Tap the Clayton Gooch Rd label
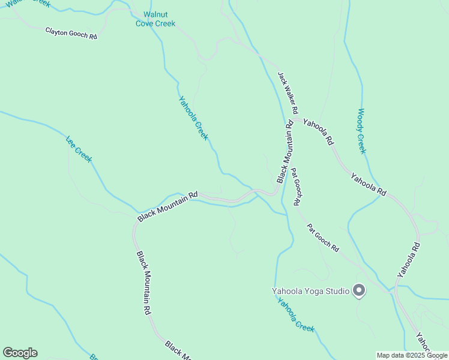click(71, 32)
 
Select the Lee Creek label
click(79, 149)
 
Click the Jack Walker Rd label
click(288, 93)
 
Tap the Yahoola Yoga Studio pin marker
click(359, 290)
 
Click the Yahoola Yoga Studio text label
click(310, 292)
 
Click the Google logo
click(20, 353)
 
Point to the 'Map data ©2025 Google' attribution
click(412, 356)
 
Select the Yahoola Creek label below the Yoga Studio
click(296, 315)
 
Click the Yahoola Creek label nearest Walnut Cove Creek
click(193, 118)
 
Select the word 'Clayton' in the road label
click(58, 30)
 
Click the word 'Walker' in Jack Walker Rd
click(289, 95)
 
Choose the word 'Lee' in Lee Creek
click(71, 142)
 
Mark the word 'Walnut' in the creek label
click(155, 14)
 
